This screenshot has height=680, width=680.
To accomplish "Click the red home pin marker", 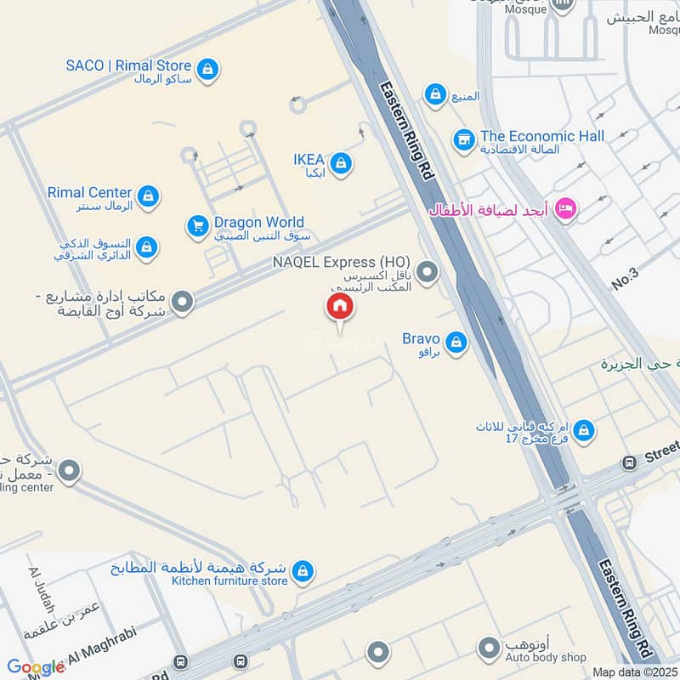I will pyautogui.click(x=339, y=308).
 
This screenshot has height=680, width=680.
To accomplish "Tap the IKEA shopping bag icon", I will pyautogui.click(x=341, y=163).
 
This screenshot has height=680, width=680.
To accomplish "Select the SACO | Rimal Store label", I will pyautogui.click(x=129, y=65).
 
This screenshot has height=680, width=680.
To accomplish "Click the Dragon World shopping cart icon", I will pyautogui.click(x=197, y=226).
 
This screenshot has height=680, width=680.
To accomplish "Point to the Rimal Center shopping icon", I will pyautogui.click(x=148, y=196).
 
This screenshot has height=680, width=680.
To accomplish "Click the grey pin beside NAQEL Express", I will pyautogui.click(x=428, y=273).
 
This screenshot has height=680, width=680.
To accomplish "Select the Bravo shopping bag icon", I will pyautogui.click(x=456, y=342).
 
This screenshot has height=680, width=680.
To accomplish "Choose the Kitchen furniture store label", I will pyautogui.click(x=229, y=581).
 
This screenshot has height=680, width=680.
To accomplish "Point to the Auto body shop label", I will pyautogui.click(x=545, y=657).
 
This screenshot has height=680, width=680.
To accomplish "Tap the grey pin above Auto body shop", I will pyautogui.click(x=489, y=650).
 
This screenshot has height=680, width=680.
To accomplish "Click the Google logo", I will pyautogui.click(x=36, y=667).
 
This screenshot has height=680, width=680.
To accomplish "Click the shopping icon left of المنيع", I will pyautogui.click(x=436, y=95).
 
